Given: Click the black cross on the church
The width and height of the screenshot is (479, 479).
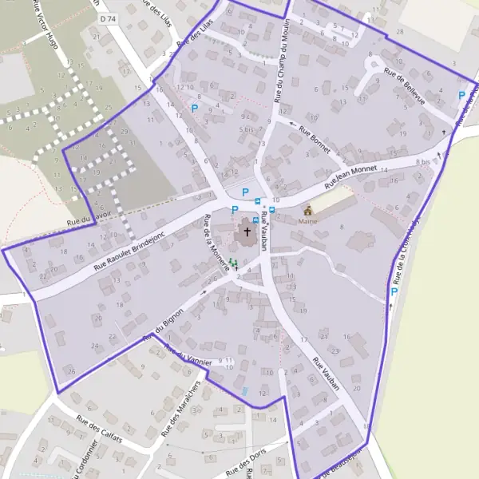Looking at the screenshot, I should coord(247,232).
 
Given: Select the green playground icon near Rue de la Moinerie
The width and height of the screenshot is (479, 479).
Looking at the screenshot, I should coord(233,262).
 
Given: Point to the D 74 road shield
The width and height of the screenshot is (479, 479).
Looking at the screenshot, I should coord(108,18).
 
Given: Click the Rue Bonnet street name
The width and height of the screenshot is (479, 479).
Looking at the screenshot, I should coord(315,137).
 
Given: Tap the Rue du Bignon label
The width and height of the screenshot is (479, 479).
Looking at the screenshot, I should coord(164,324).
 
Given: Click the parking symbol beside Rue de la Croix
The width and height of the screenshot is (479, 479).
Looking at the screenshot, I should coord(394,292).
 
